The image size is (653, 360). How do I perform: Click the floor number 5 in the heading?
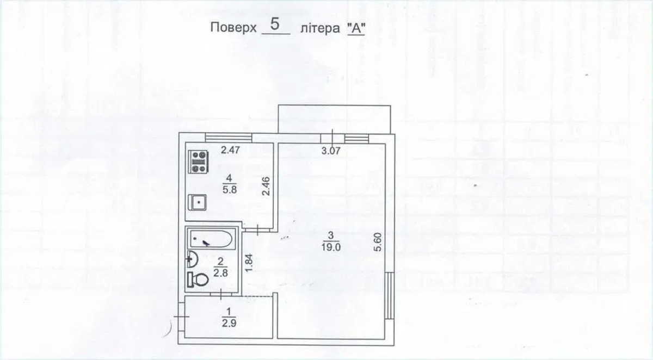coord(275,24)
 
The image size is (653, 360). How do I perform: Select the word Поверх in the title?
coord(233,28)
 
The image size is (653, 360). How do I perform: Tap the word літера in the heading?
coord(320,28)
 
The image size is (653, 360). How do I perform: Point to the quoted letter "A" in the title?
coord(356,28)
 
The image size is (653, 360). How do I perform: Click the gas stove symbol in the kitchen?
coord(198,162)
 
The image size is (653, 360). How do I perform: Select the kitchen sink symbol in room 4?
coord(198,202)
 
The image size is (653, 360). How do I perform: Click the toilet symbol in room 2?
coord(198,280)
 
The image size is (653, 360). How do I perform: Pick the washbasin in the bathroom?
coord(192,259)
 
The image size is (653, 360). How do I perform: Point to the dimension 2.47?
coord(230,150)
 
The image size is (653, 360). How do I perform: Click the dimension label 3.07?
coord(331,151)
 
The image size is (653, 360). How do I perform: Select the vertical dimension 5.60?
coord(378,242)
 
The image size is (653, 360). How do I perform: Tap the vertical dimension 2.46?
coord(266,187)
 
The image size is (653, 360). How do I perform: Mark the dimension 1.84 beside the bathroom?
coord(249,263)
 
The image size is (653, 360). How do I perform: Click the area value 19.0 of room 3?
coord(331,247)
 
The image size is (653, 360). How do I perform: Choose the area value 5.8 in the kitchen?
coord(230,190)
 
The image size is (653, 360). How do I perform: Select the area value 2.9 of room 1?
coord(229,324)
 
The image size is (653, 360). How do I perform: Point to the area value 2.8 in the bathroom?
coord(220,273)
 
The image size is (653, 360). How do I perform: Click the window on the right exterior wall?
coord(390,295)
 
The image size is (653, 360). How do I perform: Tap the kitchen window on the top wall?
coord(229,138)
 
